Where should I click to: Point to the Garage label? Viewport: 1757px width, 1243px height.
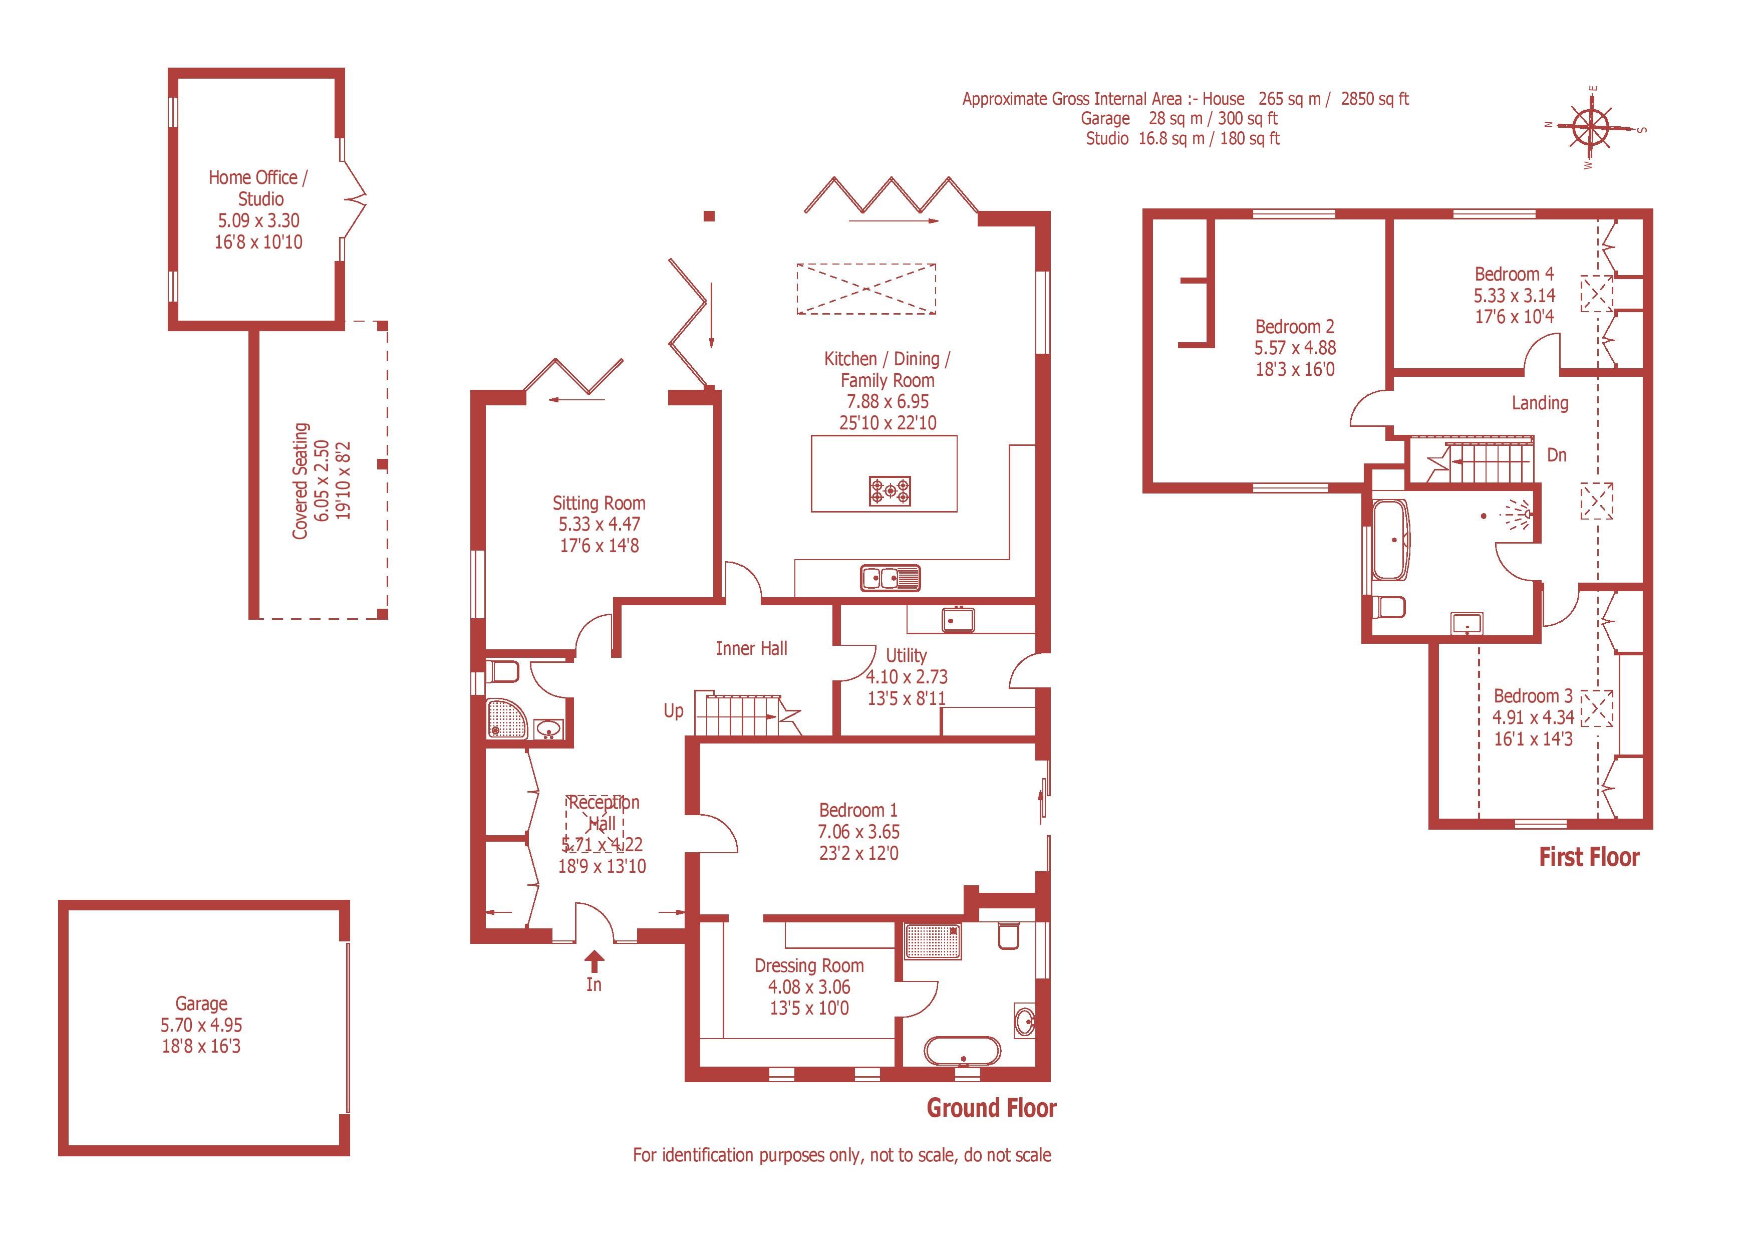201,1004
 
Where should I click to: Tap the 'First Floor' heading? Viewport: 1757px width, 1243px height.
1589,857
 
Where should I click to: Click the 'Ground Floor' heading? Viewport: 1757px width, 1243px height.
991,1108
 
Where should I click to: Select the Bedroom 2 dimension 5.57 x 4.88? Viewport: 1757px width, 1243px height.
1295,348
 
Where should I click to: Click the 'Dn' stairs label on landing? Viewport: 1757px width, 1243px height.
1557,454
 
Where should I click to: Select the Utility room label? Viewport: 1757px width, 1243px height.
906,655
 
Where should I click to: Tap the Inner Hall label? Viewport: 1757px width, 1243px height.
751,648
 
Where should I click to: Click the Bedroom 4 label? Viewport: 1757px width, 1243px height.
1514,274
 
